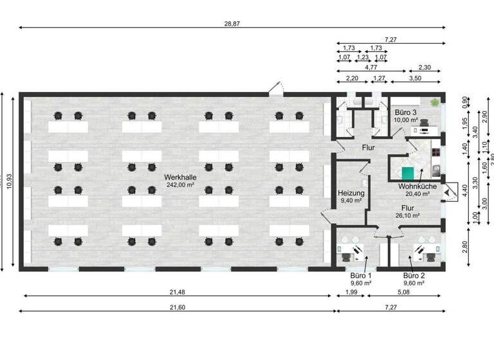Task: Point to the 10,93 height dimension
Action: point(8,182)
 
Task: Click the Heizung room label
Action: point(352,193)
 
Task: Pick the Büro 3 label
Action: point(407,112)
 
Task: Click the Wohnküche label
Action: point(417,186)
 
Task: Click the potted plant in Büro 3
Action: point(436,102)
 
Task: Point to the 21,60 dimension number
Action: point(178,308)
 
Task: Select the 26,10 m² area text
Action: point(408,215)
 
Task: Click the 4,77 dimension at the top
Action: point(370,67)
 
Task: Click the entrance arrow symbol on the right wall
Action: point(448,183)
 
